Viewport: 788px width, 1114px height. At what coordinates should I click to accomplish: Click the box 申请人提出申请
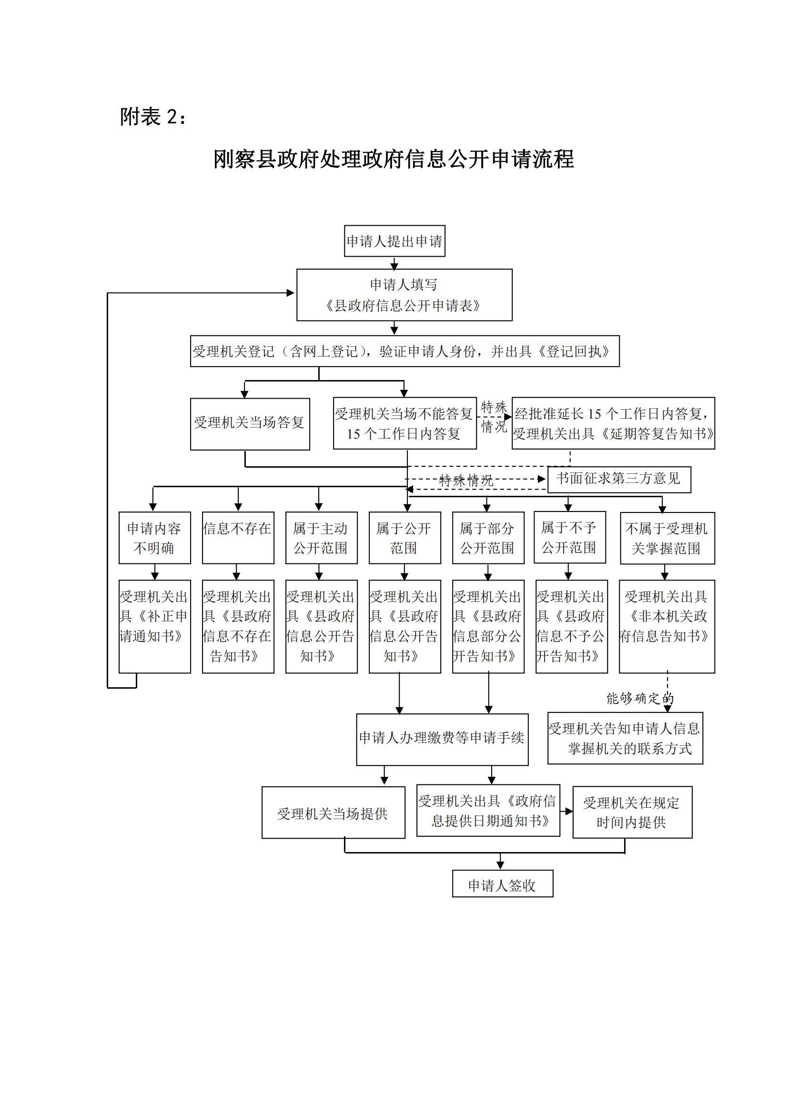click(x=394, y=241)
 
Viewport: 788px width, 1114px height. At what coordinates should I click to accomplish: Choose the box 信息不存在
click(x=238, y=537)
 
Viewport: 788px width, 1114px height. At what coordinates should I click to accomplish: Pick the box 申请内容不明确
click(x=154, y=537)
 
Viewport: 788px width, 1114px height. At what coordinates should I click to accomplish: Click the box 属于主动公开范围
click(x=321, y=537)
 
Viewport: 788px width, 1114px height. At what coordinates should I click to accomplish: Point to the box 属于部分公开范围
click(x=488, y=537)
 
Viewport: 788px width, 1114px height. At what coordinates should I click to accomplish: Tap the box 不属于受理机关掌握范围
click(x=667, y=538)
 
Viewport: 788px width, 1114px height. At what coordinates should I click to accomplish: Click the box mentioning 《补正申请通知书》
click(x=154, y=626)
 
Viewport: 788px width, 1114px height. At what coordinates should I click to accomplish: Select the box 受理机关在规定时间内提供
click(x=632, y=813)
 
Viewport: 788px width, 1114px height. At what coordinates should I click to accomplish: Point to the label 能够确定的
click(x=639, y=699)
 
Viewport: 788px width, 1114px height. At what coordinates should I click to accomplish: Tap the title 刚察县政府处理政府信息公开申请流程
click(x=394, y=159)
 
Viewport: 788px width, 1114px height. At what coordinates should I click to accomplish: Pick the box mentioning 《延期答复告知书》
click(x=613, y=423)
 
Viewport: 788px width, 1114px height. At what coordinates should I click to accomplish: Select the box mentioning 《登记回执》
click(x=404, y=351)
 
